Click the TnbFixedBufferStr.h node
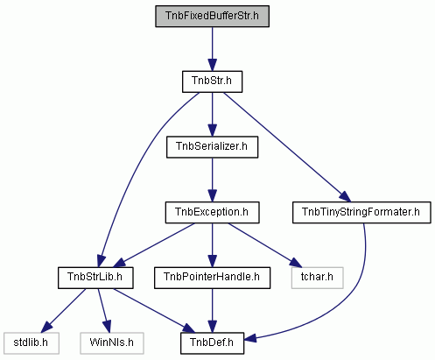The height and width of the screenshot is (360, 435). (x=212, y=16)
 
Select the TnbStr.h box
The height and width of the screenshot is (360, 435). (x=212, y=81)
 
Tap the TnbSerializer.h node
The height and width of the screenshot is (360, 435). (x=212, y=147)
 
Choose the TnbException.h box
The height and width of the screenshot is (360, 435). (x=212, y=212)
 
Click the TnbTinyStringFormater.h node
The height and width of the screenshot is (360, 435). (x=361, y=212)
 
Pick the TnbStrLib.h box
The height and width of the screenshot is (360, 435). (x=95, y=278)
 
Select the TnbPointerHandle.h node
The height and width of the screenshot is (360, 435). (x=212, y=278)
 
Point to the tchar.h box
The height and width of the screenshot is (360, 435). (x=317, y=278)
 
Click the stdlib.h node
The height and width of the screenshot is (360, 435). (x=32, y=343)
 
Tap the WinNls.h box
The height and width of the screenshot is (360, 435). (x=112, y=343)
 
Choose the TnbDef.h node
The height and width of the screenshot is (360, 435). (x=212, y=343)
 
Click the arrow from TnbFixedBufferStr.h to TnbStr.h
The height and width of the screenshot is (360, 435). (x=212, y=49)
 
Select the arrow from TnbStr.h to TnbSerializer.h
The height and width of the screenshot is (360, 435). (x=212, y=114)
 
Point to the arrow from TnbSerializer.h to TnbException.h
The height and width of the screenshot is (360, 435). (x=212, y=180)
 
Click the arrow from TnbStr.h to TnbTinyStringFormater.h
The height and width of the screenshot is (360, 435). (x=287, y=147)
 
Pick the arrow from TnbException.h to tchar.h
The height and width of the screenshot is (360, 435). (x=264, y=245)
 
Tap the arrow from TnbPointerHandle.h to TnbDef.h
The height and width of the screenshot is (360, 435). (x=212, y=310)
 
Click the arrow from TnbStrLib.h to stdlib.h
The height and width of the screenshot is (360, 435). (x=63, y=311)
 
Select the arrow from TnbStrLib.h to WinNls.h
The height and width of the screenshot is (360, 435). (x=104, y=310)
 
